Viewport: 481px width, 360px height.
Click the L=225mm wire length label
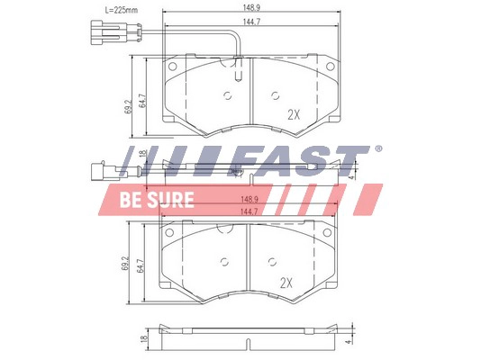122,10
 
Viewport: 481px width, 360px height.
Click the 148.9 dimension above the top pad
251,8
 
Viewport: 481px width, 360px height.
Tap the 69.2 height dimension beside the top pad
128,106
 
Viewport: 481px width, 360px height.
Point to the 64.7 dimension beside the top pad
142,100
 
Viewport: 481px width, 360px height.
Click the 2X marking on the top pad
294,115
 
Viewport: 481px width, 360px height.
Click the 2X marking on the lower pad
286,283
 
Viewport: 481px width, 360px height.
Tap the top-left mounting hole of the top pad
173,67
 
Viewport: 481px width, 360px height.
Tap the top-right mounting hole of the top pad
330,67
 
